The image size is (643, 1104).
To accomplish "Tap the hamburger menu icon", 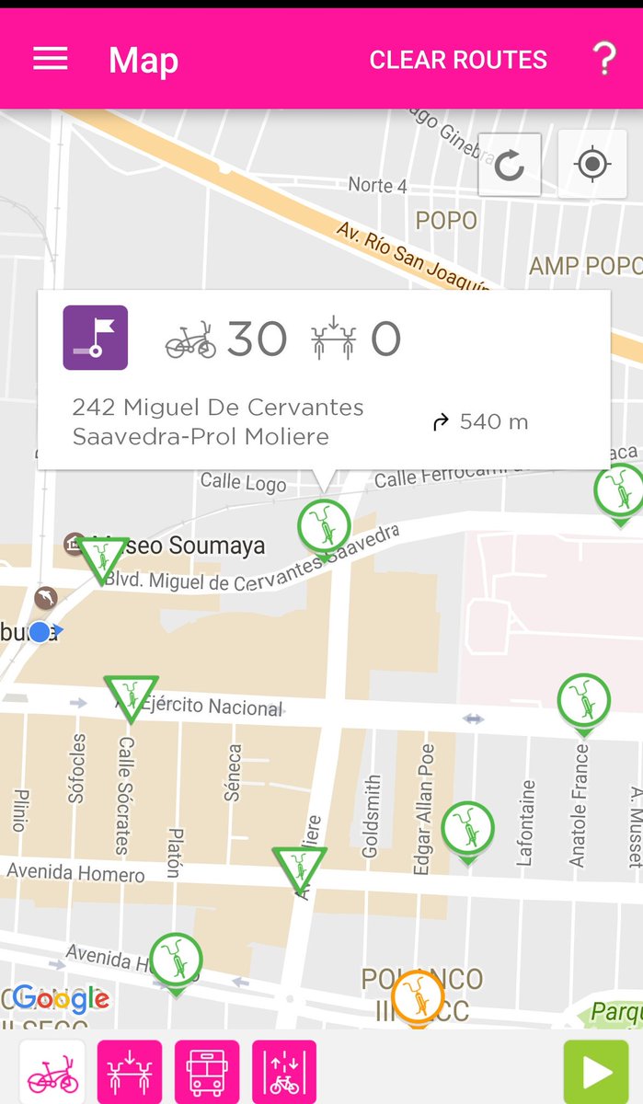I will [x=51, y=59].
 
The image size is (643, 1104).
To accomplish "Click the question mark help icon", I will [x=603, y=59].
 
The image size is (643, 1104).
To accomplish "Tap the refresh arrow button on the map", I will [x=509, y=166].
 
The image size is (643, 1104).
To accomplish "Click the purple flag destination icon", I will [x=95, y=338].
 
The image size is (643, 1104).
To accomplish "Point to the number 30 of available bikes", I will [x=257, y=339].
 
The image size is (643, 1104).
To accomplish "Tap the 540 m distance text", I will [x=493, y=422].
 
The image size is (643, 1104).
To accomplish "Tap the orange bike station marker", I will [x=418, y=995].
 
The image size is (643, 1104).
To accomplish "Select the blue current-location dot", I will [x=39, y=632].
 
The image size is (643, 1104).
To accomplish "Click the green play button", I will [x=595, y=1072].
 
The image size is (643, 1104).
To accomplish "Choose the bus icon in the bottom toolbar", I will [x=207, y=1072].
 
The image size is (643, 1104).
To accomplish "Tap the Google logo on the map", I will [x=61, y=999].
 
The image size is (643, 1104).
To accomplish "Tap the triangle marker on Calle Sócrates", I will [x=131, y=696].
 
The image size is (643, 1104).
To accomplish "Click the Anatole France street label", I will [x=579, y=804].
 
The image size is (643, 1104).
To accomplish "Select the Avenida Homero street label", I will [x=75, y=871].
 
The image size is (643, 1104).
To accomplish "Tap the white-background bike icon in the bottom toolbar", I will [x=52, y=1072].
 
